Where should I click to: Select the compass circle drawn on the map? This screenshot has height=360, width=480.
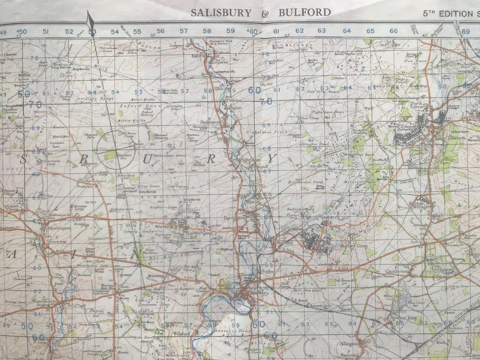point(115,145)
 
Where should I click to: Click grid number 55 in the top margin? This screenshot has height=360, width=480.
point(137,31)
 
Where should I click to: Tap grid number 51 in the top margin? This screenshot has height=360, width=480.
point(45,31)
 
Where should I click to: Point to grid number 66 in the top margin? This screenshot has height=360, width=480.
point(393,31)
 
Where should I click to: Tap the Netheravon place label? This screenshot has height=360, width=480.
point(215,118)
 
